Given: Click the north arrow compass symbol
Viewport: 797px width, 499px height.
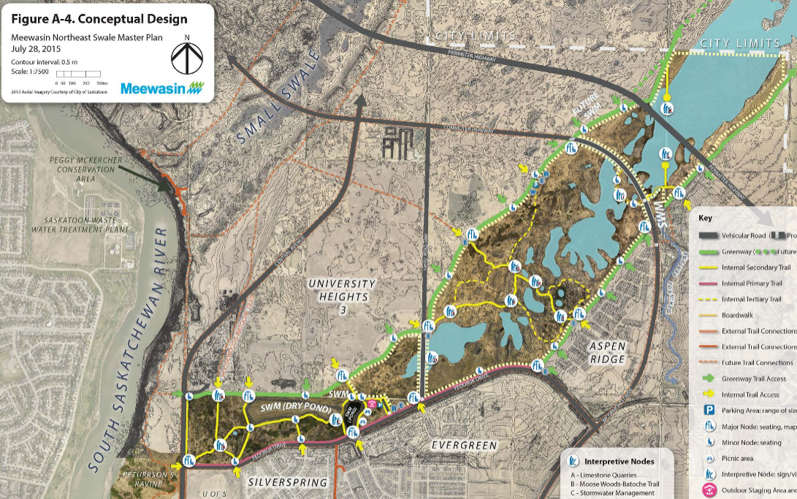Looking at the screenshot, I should coord(188,58).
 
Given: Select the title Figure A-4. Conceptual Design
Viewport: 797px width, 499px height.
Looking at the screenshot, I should coord(99,20).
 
